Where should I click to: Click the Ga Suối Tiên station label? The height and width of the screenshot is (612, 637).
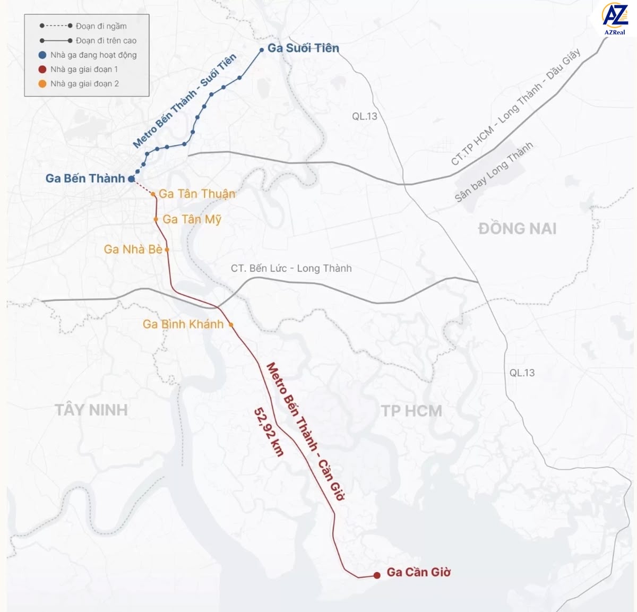(x=303, y=48)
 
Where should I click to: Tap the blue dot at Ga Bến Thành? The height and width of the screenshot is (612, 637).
(x=131, y=179)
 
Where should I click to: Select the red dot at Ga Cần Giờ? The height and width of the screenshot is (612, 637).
(x=377, y=575)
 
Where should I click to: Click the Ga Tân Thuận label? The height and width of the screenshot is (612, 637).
(x=197, y=194)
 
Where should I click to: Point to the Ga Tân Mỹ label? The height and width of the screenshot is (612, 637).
(x=192, y=219)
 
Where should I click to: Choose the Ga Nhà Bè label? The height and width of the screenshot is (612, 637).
(x=133, y=249)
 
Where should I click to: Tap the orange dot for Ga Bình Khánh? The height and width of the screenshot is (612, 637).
(x=231, y=325)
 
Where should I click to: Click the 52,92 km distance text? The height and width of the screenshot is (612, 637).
(x=269, y=432)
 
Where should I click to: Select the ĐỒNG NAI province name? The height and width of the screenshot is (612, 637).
(x=517, y=229)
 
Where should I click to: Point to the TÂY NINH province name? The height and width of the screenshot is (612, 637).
(x=91, y=410)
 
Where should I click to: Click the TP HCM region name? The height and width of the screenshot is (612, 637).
(x=411, y=411)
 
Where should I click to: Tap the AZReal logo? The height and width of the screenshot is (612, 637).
(x=615, y=19)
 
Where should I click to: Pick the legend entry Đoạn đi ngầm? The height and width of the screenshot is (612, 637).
(x=101, y=26)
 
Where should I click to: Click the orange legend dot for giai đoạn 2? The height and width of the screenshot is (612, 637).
(x=42, y=84)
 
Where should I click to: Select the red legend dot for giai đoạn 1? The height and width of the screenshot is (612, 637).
(x=42, y=70)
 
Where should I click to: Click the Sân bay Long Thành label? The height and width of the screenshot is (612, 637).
(x=494, y=172)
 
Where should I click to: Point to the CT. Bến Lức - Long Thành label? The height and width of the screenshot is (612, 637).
(x=291, y=269)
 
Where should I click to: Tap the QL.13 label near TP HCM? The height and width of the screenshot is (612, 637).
(x=522, y=373)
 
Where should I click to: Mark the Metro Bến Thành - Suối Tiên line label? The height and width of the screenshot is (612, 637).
(x=184, y=101)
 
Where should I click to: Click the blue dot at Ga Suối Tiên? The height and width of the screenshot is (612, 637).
(x=262, y=50)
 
